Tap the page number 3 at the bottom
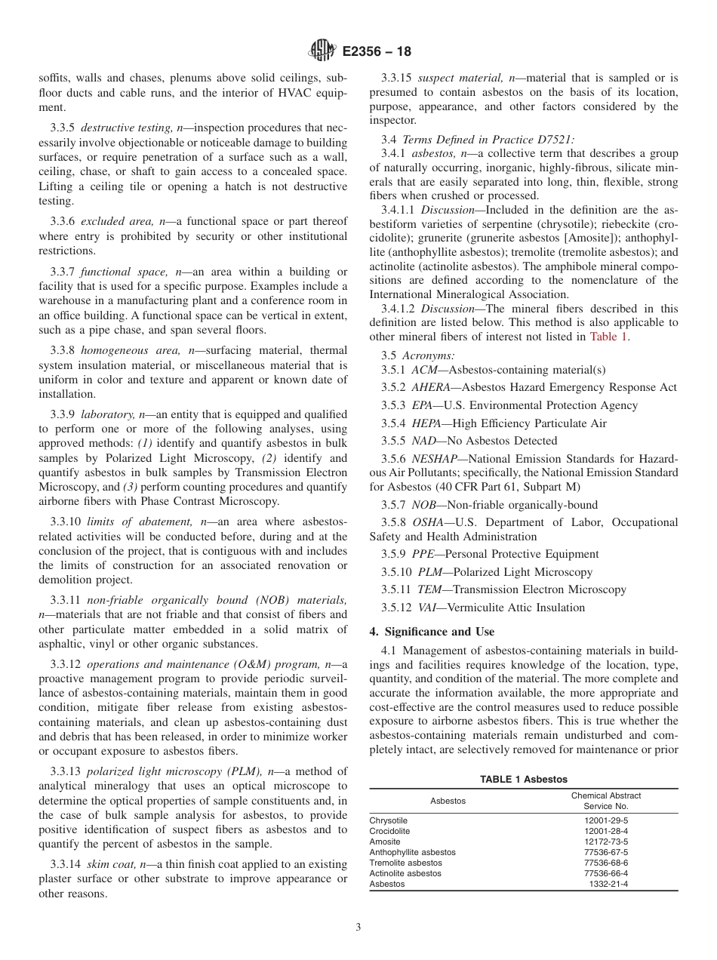358,928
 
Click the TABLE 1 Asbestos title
524,780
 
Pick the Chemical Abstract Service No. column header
605,801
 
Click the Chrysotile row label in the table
388,820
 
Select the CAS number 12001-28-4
605,830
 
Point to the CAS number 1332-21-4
608,883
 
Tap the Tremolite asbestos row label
405,862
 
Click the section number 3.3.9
64,414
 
